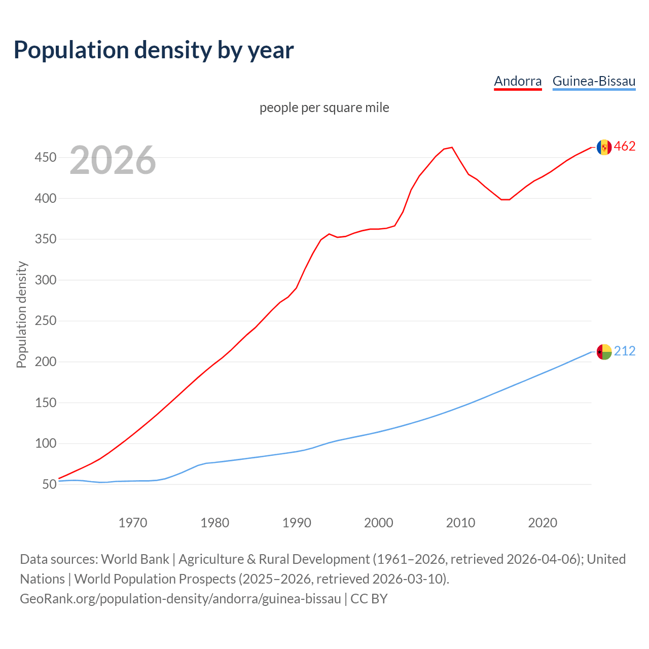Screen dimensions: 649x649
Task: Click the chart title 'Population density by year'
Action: coord(154,50)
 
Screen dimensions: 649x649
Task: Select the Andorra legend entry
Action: coord(518,81)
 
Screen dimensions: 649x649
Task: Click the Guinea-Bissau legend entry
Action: coord(594,81)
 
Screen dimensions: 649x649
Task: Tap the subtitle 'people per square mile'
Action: coord(324,108)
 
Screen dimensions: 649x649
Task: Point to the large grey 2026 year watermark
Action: coord(113,160)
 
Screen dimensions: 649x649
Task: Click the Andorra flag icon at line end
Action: coord(604,147)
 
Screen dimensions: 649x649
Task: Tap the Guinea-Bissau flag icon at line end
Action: coord(604,351)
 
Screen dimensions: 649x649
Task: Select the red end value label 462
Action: coord(625,147)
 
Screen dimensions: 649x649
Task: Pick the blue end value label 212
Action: coord(625,351)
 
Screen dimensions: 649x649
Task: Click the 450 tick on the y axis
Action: coord(45,158)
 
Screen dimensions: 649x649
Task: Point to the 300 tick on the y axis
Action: coord(45,280)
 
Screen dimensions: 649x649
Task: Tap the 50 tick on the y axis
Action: coord(49,485)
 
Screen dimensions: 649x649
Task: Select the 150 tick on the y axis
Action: coord(45,403)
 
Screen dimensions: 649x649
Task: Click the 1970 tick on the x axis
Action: coord(133,523)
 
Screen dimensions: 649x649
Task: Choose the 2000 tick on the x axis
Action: coord(379,523)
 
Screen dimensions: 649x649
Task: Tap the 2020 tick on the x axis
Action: coord(543,523)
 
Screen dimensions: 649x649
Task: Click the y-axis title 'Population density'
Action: coord(21,314)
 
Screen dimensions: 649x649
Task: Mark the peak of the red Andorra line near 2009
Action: coord(452,148)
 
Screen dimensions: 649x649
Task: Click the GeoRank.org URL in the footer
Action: coord(181,599)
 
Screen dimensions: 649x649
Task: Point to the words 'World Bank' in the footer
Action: coord(135,559)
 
